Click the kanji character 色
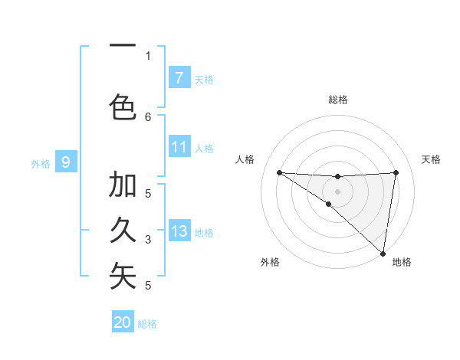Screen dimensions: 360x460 point(123,106)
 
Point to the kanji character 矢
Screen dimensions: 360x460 point(123,276)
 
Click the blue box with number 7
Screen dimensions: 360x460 point(179,77)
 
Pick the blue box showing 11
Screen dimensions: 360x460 point(179,147)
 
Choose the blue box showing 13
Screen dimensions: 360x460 point(179,232)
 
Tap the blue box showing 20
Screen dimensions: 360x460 point(123,322)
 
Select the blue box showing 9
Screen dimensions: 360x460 point(66,162)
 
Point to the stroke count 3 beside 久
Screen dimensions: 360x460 point(148,240)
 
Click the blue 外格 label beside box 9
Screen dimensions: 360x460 point(41,163)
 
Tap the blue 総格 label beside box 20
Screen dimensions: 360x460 point(147,324)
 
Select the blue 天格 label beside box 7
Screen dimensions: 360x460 point(204,79)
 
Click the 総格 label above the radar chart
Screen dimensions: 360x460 point(338,100)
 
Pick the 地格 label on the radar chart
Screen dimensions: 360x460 point(402,262)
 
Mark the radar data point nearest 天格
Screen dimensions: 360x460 point(396,172)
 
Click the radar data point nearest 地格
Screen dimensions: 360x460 point(383,253)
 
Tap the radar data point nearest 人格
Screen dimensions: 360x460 point(279,172)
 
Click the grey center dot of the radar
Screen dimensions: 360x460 point(337,191)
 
